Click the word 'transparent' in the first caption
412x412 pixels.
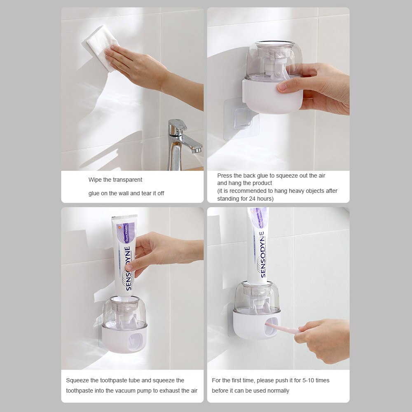tap(127, 180)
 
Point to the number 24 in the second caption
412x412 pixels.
tap(253, 199)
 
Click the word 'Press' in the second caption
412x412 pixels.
tap(225, 176)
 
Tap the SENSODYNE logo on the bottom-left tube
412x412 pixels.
tap(128, 268)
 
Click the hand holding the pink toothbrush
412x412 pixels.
tap(325, 340)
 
